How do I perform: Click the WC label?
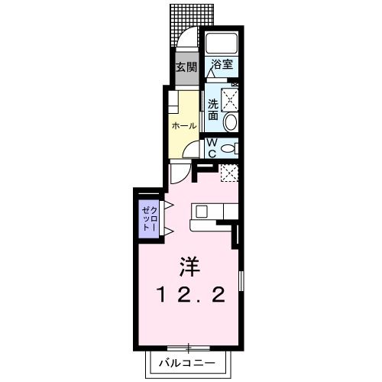pyautogui.click(x=212, y=147)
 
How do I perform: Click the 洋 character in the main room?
pyautogui.click(x=191, y=267)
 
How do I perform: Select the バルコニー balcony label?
pyautogui.click(x=187, y=364)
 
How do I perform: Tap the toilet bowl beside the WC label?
pyautogui.click(x=232, y=148)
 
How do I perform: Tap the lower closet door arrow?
pyautogui.click(x=163, y=231)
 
